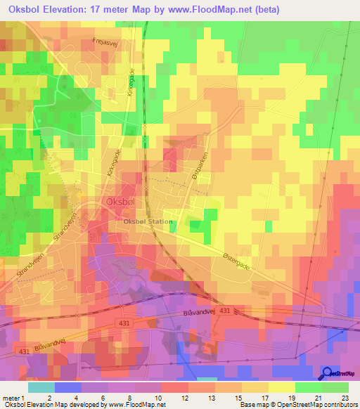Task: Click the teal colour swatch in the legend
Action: tap(41, 387)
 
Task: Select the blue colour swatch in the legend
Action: tap(67, 387)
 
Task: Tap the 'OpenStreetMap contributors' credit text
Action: tap(319, 405)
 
